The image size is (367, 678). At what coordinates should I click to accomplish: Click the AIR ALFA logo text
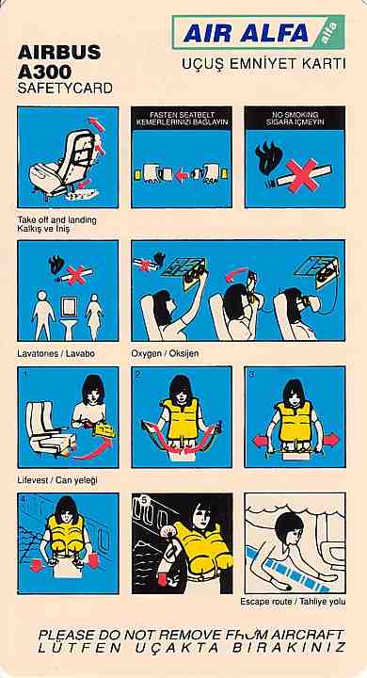tap(246, 33)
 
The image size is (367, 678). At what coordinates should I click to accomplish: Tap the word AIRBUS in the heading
tap(59, 53)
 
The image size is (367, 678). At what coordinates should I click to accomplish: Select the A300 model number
tap(45, 71)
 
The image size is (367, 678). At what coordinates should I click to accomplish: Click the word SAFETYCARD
tap(65, 89)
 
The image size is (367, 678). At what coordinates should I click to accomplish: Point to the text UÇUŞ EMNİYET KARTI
tap(263, 64)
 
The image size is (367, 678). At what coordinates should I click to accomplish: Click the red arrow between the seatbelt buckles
tap(181, 175)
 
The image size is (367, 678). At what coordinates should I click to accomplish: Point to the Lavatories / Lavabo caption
tap(56, 353)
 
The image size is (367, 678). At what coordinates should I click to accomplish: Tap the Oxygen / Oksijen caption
tap(165, 353)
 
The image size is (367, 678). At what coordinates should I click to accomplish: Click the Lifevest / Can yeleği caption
tap(57, 480)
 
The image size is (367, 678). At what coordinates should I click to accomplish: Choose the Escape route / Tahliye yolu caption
tap(293, 602)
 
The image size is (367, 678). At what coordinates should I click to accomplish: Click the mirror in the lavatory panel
tap(69, 307)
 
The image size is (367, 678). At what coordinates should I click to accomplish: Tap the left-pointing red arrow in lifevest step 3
tap(261, 441)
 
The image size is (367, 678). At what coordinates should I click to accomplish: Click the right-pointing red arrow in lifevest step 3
tap(330, 440)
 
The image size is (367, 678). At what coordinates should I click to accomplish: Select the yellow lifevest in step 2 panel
tap(181, 419)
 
